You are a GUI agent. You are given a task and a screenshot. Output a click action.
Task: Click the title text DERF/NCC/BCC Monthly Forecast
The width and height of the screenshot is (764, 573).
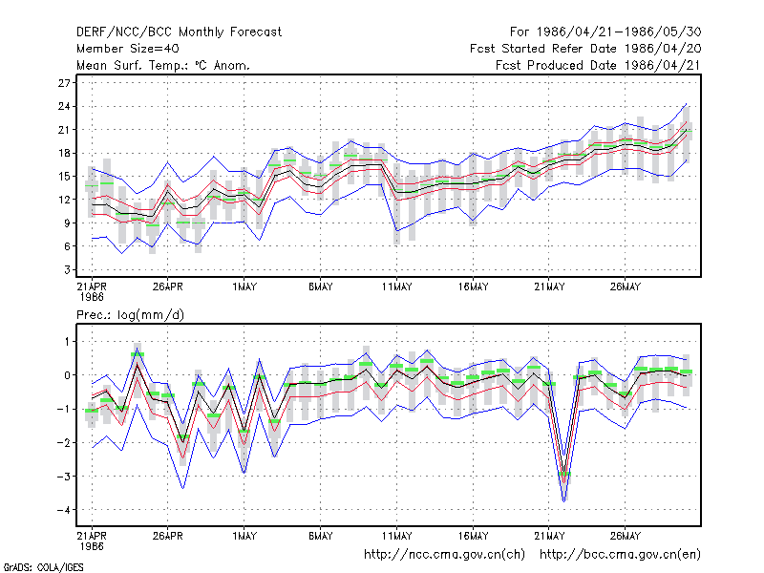pos(179,32)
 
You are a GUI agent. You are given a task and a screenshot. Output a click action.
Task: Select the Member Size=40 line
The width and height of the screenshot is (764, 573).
pos(128,49)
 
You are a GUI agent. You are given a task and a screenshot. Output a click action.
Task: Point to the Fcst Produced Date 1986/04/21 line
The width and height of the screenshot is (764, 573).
pos(598,65)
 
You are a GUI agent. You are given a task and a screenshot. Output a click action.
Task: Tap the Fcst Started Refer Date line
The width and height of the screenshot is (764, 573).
pos(585,49)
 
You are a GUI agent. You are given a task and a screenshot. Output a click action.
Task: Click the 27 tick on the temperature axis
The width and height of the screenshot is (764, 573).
pos(64,83)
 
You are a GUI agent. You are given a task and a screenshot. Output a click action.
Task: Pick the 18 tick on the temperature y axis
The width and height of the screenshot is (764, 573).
pos(64,153)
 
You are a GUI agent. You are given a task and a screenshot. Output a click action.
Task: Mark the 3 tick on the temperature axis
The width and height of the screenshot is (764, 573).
pos(67,269)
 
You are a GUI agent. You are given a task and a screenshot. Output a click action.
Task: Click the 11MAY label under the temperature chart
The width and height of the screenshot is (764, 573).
pos(396,287)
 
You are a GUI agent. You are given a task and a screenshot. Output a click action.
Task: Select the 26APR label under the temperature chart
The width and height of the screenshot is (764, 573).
pos(168,287)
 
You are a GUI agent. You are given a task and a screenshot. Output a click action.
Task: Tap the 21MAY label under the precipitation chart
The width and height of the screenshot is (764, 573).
pos(549,537)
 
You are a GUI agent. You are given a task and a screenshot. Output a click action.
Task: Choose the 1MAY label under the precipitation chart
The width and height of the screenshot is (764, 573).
pos(244,537)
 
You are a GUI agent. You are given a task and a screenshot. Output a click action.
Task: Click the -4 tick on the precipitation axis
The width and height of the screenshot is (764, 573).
pos(63,510)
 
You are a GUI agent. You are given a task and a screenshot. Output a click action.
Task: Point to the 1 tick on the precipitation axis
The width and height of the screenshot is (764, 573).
pos(67,342)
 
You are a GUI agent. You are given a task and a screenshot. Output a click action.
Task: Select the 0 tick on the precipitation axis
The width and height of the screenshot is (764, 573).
pos(67,375)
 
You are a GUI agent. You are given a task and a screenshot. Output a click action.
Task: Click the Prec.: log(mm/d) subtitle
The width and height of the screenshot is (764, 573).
pos(130,315)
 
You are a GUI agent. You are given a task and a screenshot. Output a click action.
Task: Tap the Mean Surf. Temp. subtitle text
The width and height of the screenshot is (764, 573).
pos(163,65)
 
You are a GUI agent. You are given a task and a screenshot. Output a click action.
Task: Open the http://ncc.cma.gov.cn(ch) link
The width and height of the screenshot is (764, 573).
pos(444,555)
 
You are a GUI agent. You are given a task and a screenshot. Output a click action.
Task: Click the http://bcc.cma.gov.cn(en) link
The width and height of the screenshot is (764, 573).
pos(620,555)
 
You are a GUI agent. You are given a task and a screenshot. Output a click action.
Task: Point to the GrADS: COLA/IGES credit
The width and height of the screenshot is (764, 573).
pos(43,567)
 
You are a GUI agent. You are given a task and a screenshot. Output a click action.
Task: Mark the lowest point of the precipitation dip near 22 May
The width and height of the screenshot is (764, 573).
pos(564,500)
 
